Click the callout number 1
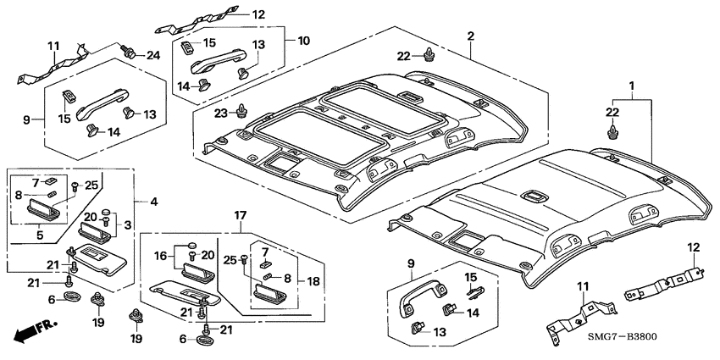click(630, 86)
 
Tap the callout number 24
click(152, 57)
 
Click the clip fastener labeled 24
click(130, 52)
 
